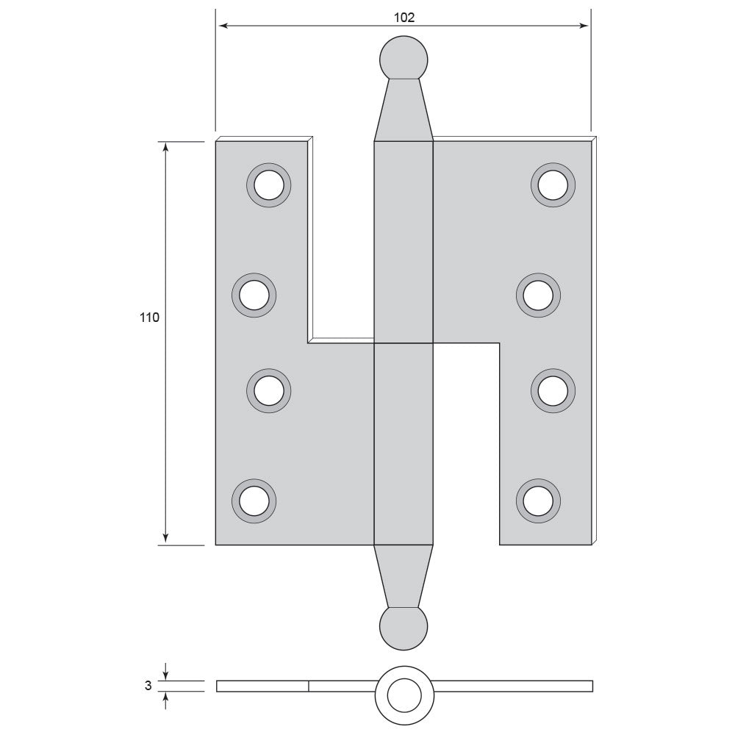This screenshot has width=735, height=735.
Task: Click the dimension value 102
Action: coord(404,18)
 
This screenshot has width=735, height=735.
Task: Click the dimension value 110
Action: coord(149,318)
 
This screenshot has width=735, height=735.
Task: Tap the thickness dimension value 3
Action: coord(148,685)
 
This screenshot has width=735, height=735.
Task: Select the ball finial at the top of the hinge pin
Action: coord(404,59)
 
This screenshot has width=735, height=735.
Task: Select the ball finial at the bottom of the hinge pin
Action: coord(404,628)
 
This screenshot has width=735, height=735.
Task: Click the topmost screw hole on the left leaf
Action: coord(268,185)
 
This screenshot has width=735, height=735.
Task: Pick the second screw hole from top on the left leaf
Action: coord(254,295)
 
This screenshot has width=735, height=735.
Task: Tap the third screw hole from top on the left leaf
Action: coord(268,391)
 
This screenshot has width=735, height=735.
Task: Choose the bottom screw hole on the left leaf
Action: coord(254,501)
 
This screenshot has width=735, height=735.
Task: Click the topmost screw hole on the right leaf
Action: coord(553,185)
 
